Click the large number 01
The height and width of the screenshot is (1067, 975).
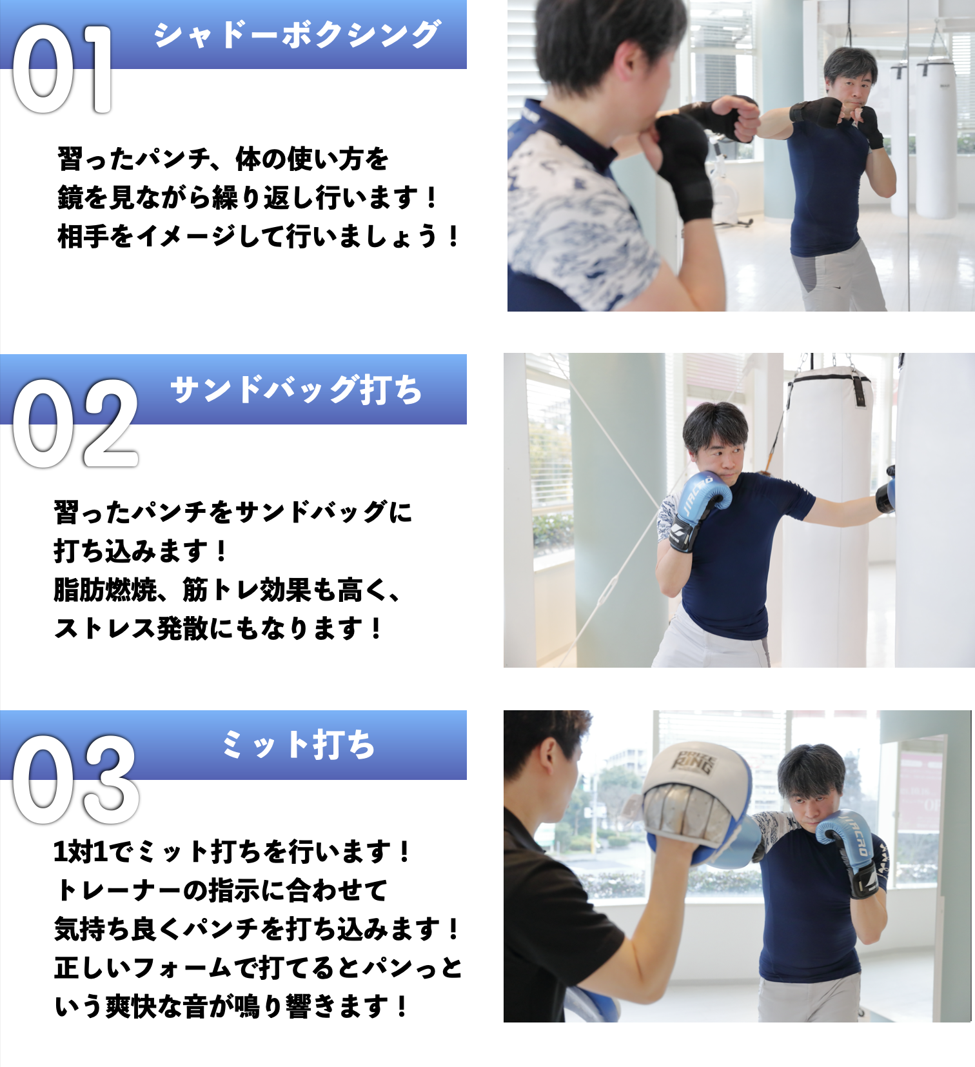(62, 69)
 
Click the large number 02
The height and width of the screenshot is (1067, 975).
(75, 423)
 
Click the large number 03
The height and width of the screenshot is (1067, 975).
(75, 779)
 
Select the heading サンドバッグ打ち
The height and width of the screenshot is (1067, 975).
(296, 390)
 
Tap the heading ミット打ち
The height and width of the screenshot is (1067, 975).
(298, 744)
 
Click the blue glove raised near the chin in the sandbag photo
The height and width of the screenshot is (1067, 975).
(707, 497)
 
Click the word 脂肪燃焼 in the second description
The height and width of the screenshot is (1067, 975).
(105, 590)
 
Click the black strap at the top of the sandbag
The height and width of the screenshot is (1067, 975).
(859, 390)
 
